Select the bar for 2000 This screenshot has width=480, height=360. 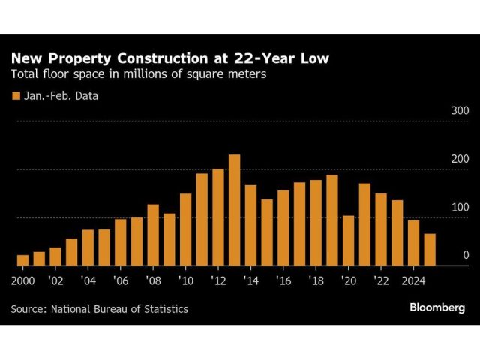[22, 260]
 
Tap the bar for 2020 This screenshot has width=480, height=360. [348, 241]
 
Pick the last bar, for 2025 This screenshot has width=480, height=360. [430, 250]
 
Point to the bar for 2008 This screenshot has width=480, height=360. [153, 235]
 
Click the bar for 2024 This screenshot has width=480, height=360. [413, 243]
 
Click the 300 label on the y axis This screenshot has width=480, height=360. [460, 111]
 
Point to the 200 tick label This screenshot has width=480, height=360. [460, 159]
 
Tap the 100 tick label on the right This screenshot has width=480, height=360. [460, 207]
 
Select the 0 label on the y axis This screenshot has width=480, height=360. [465, 255]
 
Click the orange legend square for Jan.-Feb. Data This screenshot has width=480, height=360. [14, 95]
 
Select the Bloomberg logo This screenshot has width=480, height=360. [437, 307]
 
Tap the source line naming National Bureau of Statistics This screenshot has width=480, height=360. [100, 308]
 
